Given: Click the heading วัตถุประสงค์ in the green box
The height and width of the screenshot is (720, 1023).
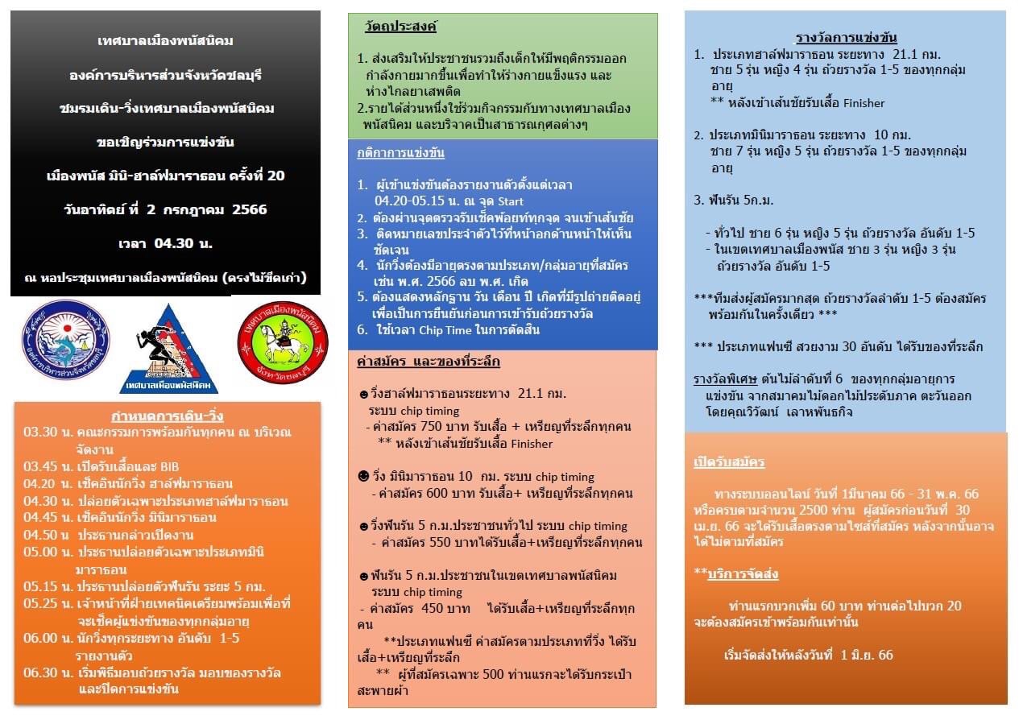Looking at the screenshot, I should (400, 27).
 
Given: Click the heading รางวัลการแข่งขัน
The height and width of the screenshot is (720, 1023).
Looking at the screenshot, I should (846, 37).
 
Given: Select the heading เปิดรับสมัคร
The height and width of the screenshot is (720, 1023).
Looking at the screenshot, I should (729, 462).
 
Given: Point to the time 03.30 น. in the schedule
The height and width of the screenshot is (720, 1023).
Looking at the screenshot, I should (41, 432).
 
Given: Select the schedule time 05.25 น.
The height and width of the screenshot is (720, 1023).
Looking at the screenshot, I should (41, 603).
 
